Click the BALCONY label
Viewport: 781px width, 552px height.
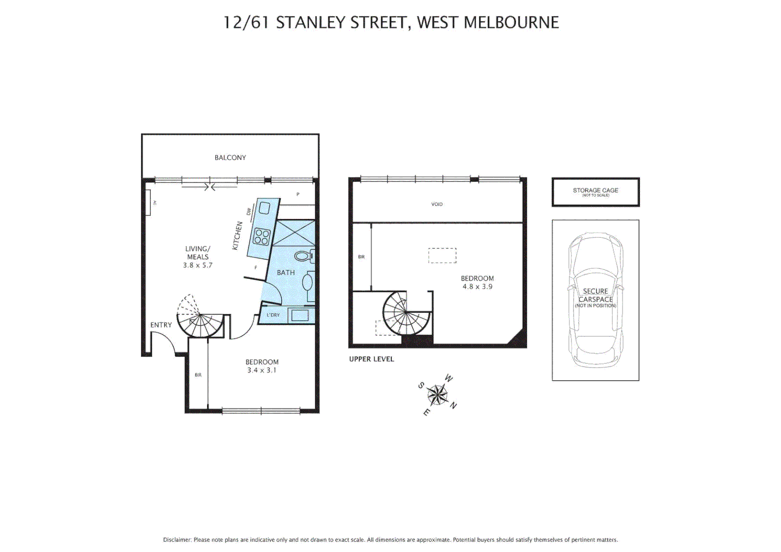230,157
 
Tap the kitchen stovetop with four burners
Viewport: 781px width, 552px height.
262,237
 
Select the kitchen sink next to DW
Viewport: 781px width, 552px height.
265,208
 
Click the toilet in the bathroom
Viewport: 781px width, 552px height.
304,255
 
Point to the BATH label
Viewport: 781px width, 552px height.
286,272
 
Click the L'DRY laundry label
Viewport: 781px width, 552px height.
273,315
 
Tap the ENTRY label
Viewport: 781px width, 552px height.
161,325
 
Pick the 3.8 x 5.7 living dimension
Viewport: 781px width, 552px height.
197,265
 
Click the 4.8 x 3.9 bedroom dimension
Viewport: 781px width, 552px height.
477,287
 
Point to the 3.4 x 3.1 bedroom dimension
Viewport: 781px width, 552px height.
262,370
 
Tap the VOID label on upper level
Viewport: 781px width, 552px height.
437,204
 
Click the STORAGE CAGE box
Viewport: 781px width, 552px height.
595,192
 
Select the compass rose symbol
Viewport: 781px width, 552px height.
438,395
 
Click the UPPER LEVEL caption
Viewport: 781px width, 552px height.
372,359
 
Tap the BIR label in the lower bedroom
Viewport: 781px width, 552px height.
198,375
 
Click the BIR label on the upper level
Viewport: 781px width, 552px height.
361,257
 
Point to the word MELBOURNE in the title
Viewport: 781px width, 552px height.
511,22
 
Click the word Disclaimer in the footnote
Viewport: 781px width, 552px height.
177,540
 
